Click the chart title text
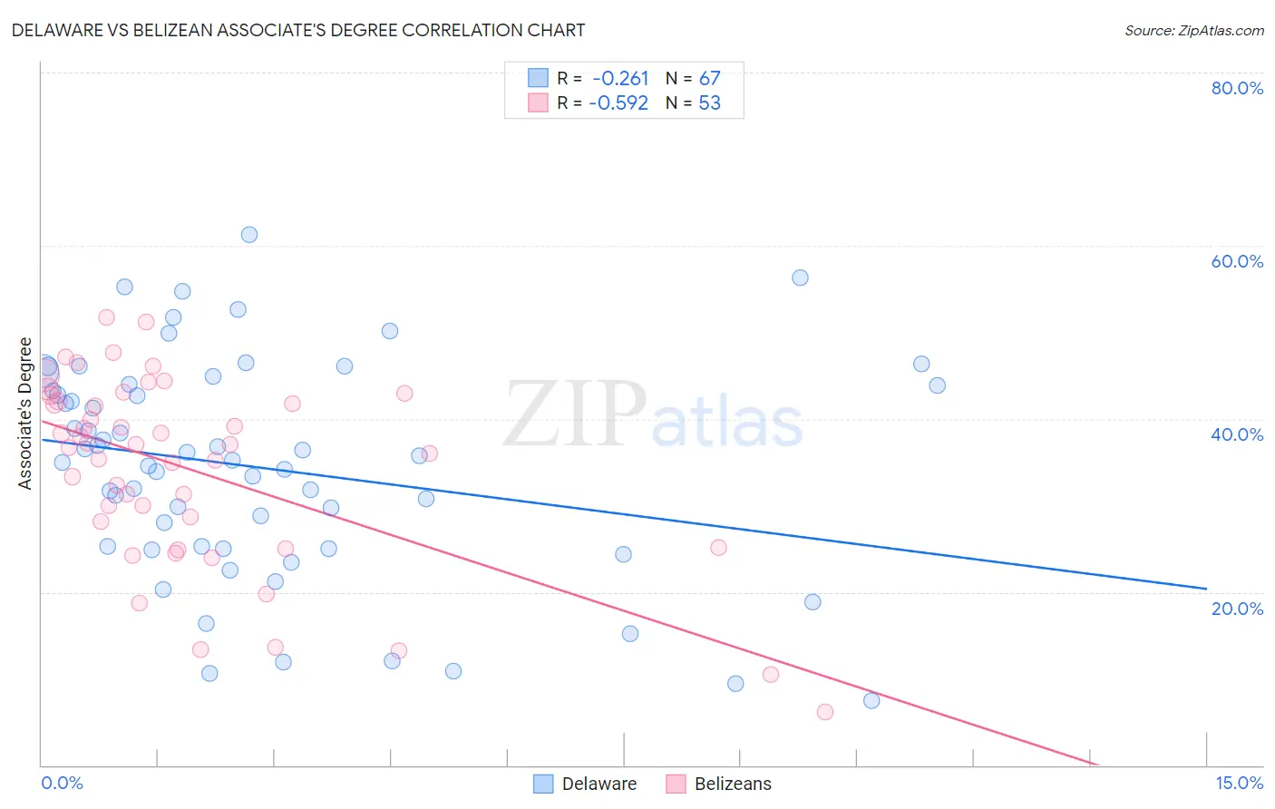[x=298, y=30]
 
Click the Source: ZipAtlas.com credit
[x=1193, y=31]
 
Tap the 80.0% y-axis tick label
[x=1237, y=88]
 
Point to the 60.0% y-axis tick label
[x=1237, y=261]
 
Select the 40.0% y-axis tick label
[x=1237, y=434]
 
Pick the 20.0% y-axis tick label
[x=1237, y=609]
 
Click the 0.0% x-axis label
[x=62, y=783]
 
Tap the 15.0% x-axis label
[x=1239, y=783]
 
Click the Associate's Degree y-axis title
[x=25, y=414]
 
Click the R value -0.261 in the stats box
[x=620, y=79]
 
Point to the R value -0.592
[x=618, y=103]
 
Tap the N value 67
[x=709, y=79]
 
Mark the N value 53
[x=709, y=103]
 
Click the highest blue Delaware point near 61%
[x=249, y=235]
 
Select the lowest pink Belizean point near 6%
[x=825, y=712]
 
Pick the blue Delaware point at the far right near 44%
[x=938, y=385]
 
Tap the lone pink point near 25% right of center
[x=719, y=547]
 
